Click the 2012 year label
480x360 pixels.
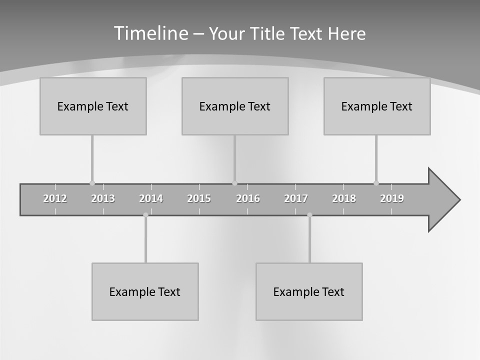(x=55, y=198)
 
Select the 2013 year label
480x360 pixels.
(x=103, y=198)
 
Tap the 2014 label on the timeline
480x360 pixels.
(x=151, y=198)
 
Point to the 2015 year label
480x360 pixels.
(x=199, y=198)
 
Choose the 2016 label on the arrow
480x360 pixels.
(x=248, y=198)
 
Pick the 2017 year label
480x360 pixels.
(x=296, y=198)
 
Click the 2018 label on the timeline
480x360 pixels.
(x=344, y=198)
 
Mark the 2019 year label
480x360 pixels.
(x=392, y=198)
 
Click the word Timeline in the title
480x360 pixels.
(x=151, y=33)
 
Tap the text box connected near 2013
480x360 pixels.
(x=93, y=106)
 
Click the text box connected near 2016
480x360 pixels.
(x=235, y=106)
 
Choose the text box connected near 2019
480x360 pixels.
(x=377, y=106)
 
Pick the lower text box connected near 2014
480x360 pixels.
(x=145, y=291)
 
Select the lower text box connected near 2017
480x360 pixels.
(x=309, y=291)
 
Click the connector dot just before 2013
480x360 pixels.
(x=92, y=183)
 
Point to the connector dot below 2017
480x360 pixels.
(x=309, y=215)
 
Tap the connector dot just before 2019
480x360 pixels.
(x=376, y=183)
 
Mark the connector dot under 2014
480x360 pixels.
(x=145, y=215)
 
